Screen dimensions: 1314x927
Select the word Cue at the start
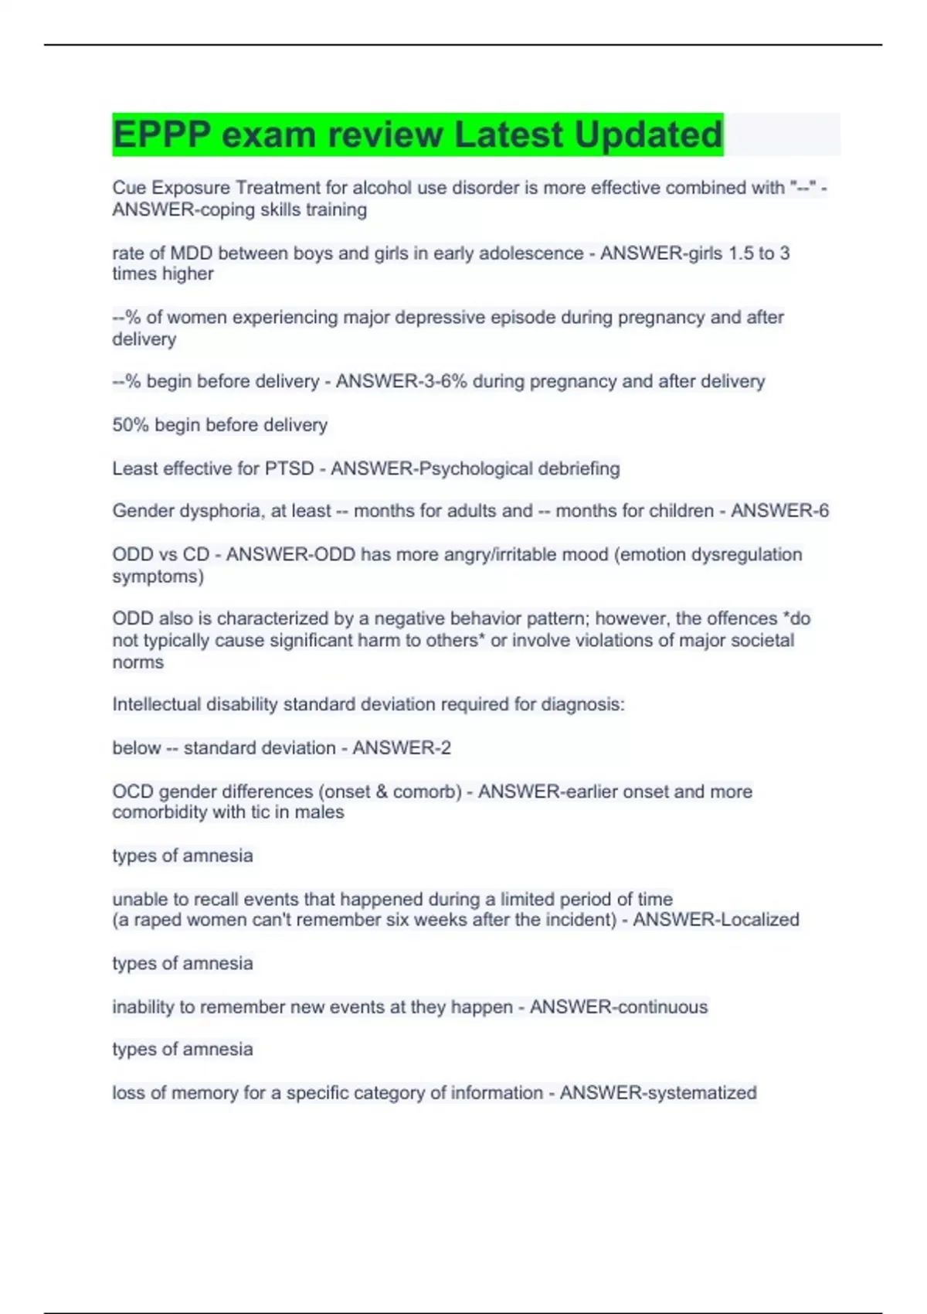[x=127, y=188]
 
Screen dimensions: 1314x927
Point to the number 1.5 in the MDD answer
[x=742, y=253]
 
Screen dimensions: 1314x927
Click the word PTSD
[x=289, y=468]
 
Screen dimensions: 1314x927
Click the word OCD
[x=132, y=791]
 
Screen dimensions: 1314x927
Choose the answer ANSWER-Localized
[x=716, y=920]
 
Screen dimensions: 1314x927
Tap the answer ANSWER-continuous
[x=619, y=1007]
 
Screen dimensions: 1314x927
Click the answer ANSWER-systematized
[x=658, y=1093]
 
